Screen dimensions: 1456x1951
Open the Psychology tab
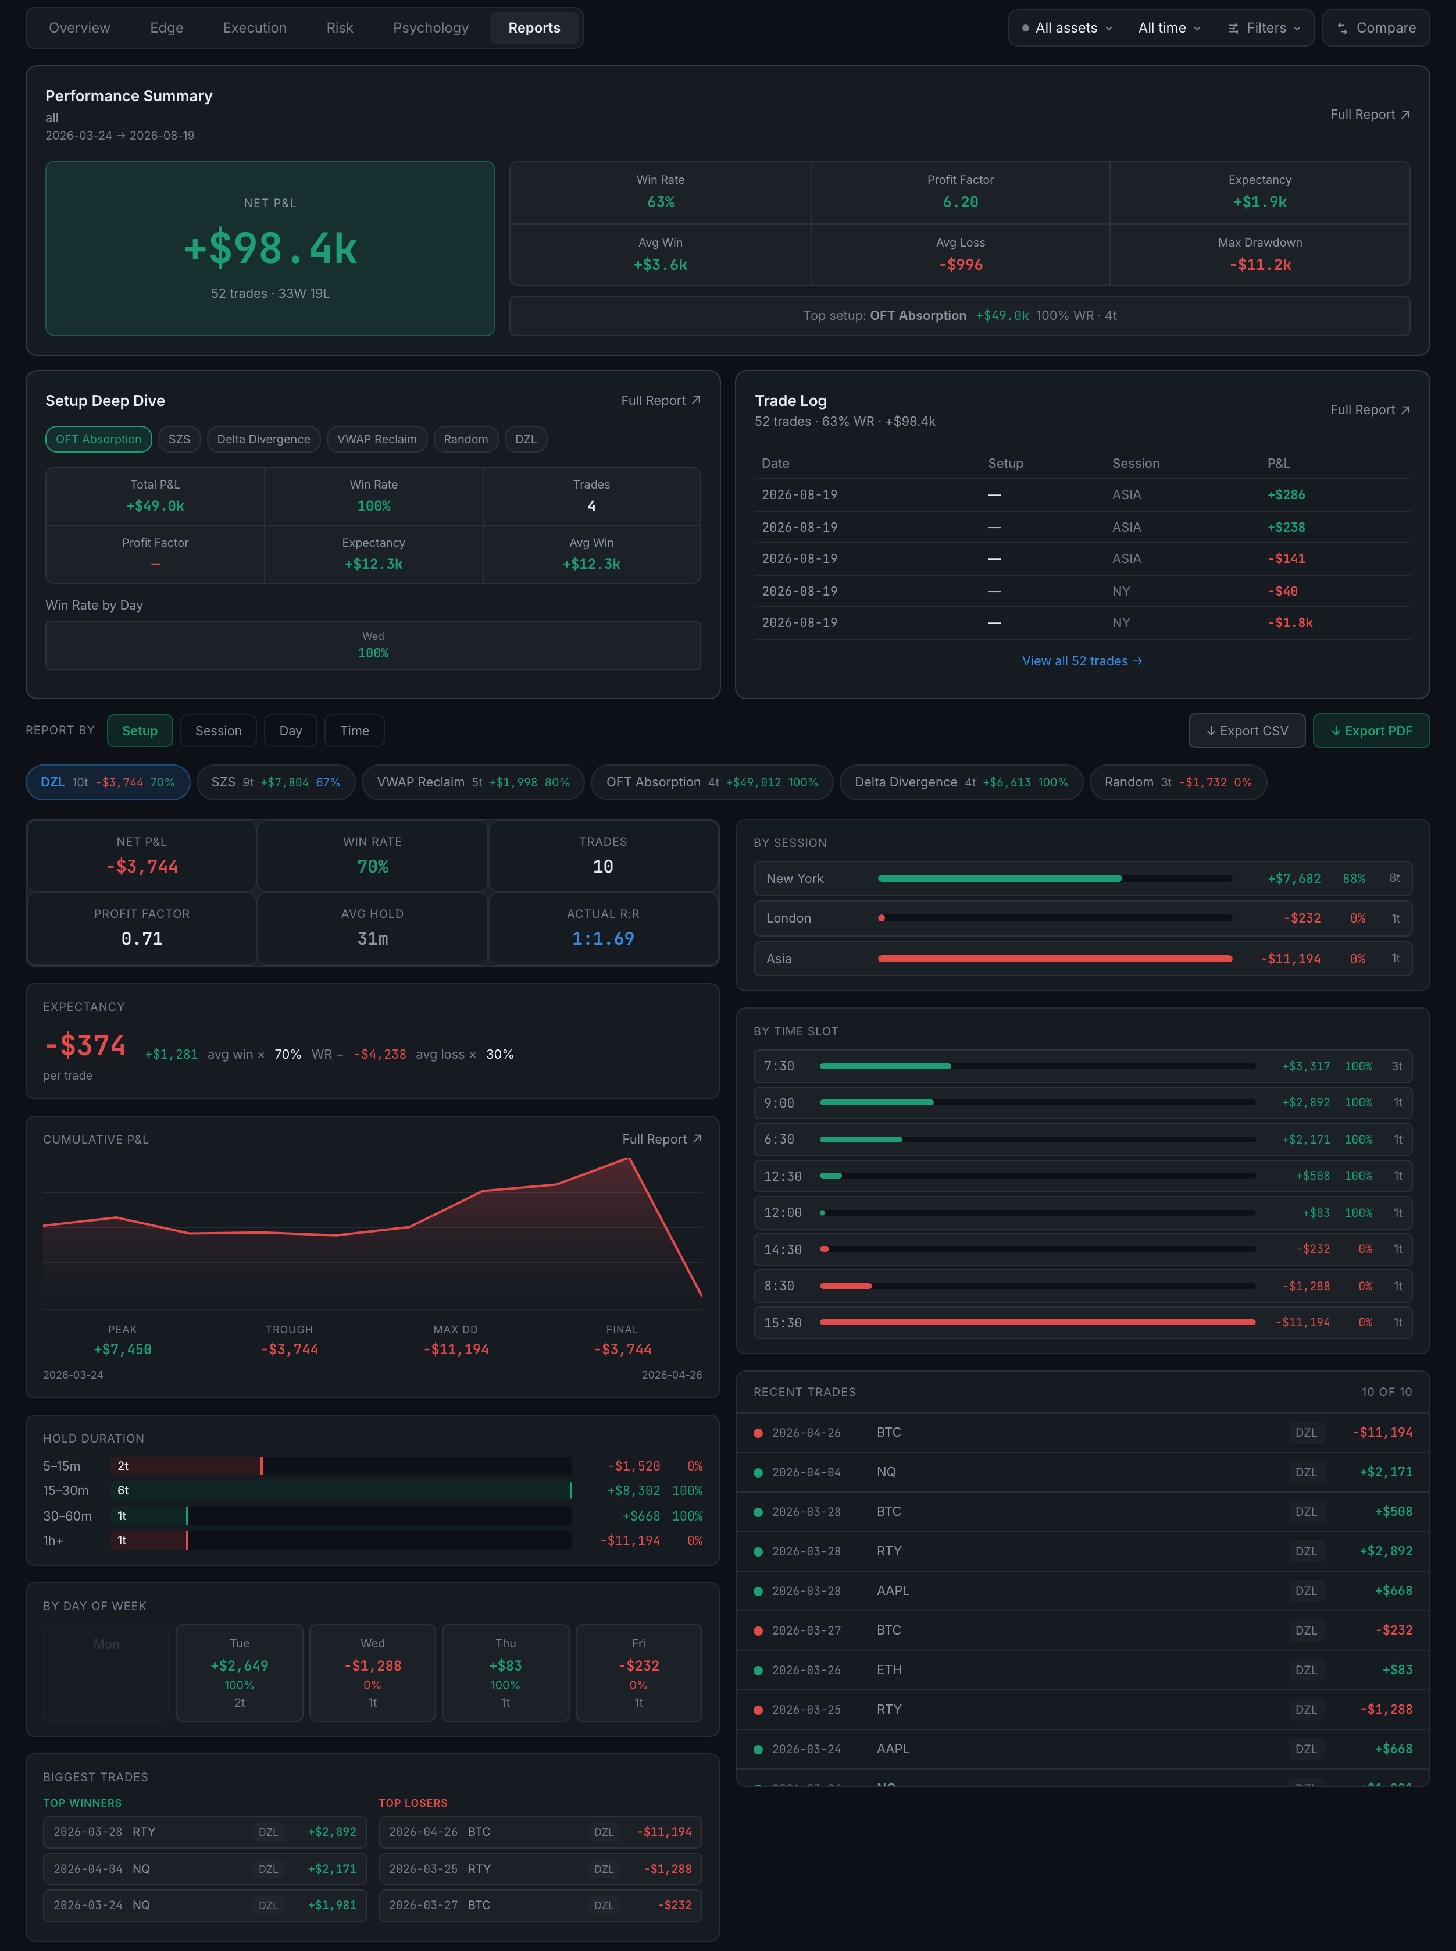coord(430,28)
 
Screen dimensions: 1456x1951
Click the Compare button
coord(1376,28)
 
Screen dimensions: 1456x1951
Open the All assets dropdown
coord(1066,28)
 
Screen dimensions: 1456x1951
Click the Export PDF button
coord(1371,731)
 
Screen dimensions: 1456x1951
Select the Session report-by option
coord(219,731)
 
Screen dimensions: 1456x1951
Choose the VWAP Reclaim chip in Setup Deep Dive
coord(377,439)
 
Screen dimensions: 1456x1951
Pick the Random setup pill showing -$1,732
coord(1177,782)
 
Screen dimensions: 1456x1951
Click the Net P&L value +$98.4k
coord(270,248)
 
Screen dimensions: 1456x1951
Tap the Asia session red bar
coord(1055,958)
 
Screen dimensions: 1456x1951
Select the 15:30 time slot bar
coord(1037,1322)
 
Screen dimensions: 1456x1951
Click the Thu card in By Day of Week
coord(506,1672)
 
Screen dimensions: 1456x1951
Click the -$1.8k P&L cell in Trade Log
coord(1290,622)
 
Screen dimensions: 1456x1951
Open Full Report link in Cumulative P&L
coord(662,1139)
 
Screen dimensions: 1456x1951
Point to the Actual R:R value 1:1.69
coord(603,939)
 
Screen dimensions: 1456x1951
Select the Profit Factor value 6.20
coord(960,202)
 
